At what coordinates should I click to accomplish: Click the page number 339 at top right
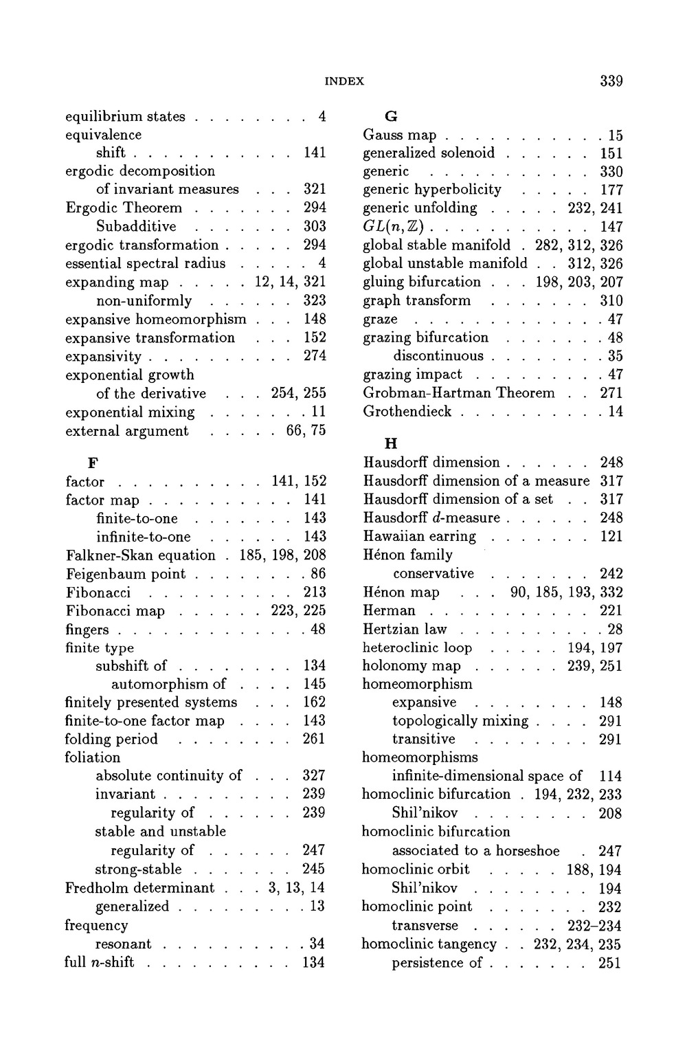(611, 81)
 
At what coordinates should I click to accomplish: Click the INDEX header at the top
(343, 81)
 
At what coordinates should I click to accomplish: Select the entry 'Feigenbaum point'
(126, 573)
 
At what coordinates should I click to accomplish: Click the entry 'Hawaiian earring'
(419, 536)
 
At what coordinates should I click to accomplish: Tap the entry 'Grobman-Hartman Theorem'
(458, 392)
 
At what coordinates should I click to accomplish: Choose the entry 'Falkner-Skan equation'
(140, 555)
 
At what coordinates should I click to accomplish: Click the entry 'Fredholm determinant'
(139, 887)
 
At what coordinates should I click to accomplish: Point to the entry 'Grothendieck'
(407, 411)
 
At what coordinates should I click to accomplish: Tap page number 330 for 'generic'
(611, 171)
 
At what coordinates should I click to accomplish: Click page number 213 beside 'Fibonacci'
(314, 592)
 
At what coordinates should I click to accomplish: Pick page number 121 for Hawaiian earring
(611, 536)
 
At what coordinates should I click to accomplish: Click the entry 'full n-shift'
(99, 962)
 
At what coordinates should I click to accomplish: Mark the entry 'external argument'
(126, 431)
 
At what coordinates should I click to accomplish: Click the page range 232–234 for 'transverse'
(595, 925)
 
